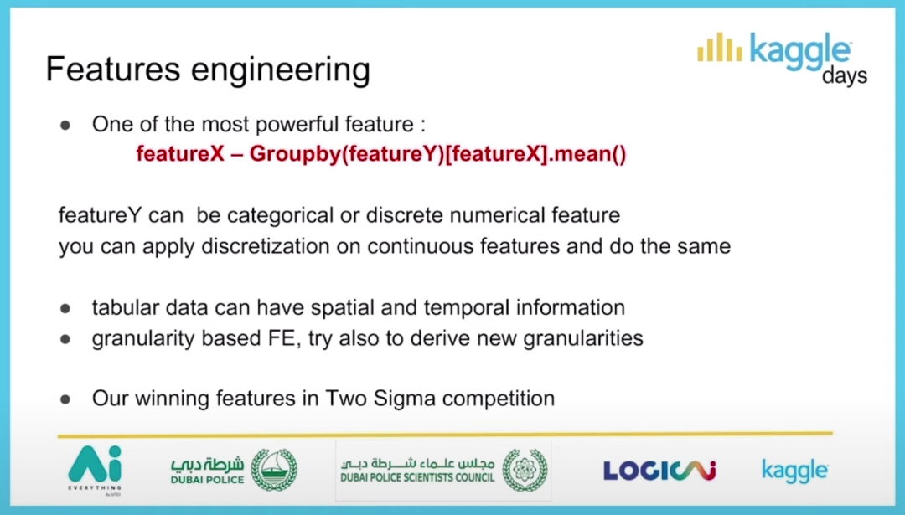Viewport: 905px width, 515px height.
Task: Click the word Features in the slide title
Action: (x=113, y=69)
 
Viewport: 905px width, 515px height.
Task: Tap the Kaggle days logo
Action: (x=782, y=59)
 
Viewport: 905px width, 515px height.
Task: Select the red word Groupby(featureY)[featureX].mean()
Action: (x=437, y=154)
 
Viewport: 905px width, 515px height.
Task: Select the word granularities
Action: (x=583, y=338)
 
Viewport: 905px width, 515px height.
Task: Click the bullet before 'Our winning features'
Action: (x=65, y=399)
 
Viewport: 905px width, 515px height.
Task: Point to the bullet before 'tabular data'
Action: (x=65, y=308)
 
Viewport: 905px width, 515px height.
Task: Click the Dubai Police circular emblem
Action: (x=274, y=470)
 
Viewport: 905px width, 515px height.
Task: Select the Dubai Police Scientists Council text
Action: (x=417, y=471)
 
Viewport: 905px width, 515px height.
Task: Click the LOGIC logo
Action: (x=659, y=471)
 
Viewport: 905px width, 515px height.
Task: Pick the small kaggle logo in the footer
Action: (x=795, y=471)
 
